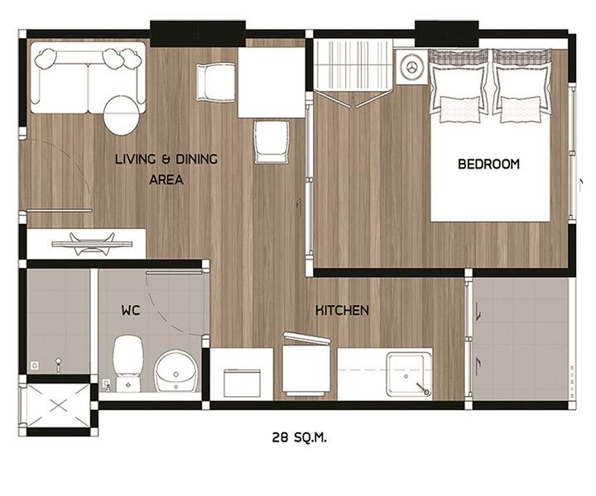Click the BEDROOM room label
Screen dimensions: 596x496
488,164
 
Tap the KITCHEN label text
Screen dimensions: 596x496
342,311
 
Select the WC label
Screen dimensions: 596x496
131,311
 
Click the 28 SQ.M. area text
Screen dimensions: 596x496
299,437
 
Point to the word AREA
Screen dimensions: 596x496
166,179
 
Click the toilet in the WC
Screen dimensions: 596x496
128,363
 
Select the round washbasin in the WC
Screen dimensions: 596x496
176,372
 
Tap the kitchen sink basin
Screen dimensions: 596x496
409,374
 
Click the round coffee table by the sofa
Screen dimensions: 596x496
121,116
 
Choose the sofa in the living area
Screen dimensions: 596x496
88,78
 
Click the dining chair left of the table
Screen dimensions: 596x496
216,83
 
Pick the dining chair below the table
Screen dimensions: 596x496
272,142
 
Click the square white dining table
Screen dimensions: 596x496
272,83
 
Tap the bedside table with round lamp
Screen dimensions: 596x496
411,68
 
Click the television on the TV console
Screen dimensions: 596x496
92,243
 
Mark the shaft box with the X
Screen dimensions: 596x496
58,406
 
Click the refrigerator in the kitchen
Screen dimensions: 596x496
306,366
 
